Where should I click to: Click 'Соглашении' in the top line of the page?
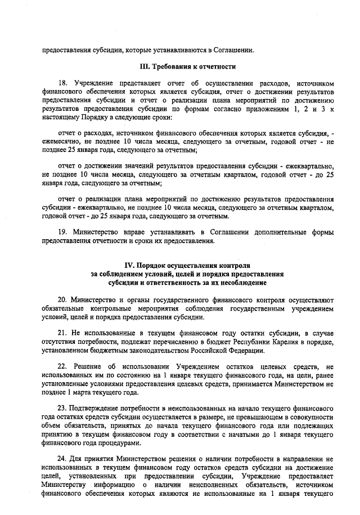233,48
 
